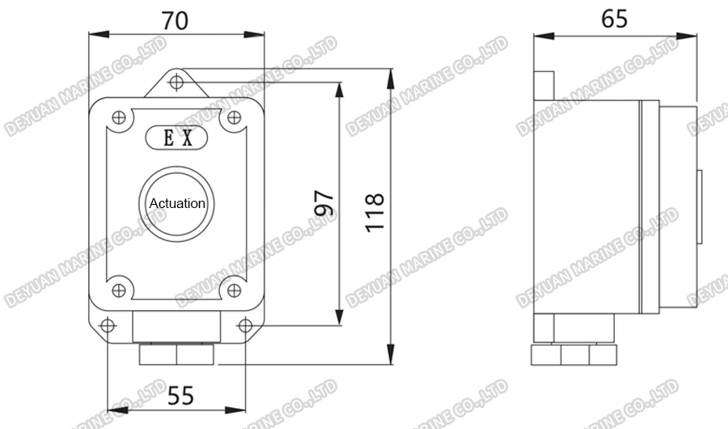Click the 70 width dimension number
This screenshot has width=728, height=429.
click(176, 20)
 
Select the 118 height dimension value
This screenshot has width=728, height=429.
click(374, 213)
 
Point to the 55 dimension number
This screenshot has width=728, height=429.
click(180, 396)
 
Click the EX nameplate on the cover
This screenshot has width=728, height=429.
click(177, 138)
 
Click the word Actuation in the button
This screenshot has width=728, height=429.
click(177, 203)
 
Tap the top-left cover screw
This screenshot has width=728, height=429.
click(118, 118)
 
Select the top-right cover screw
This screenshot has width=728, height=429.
click(235, 118)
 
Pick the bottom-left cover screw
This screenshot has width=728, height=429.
click(118, 287)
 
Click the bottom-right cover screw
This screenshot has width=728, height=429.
click(235, 287)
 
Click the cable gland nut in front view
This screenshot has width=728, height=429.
click(176, 354)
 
